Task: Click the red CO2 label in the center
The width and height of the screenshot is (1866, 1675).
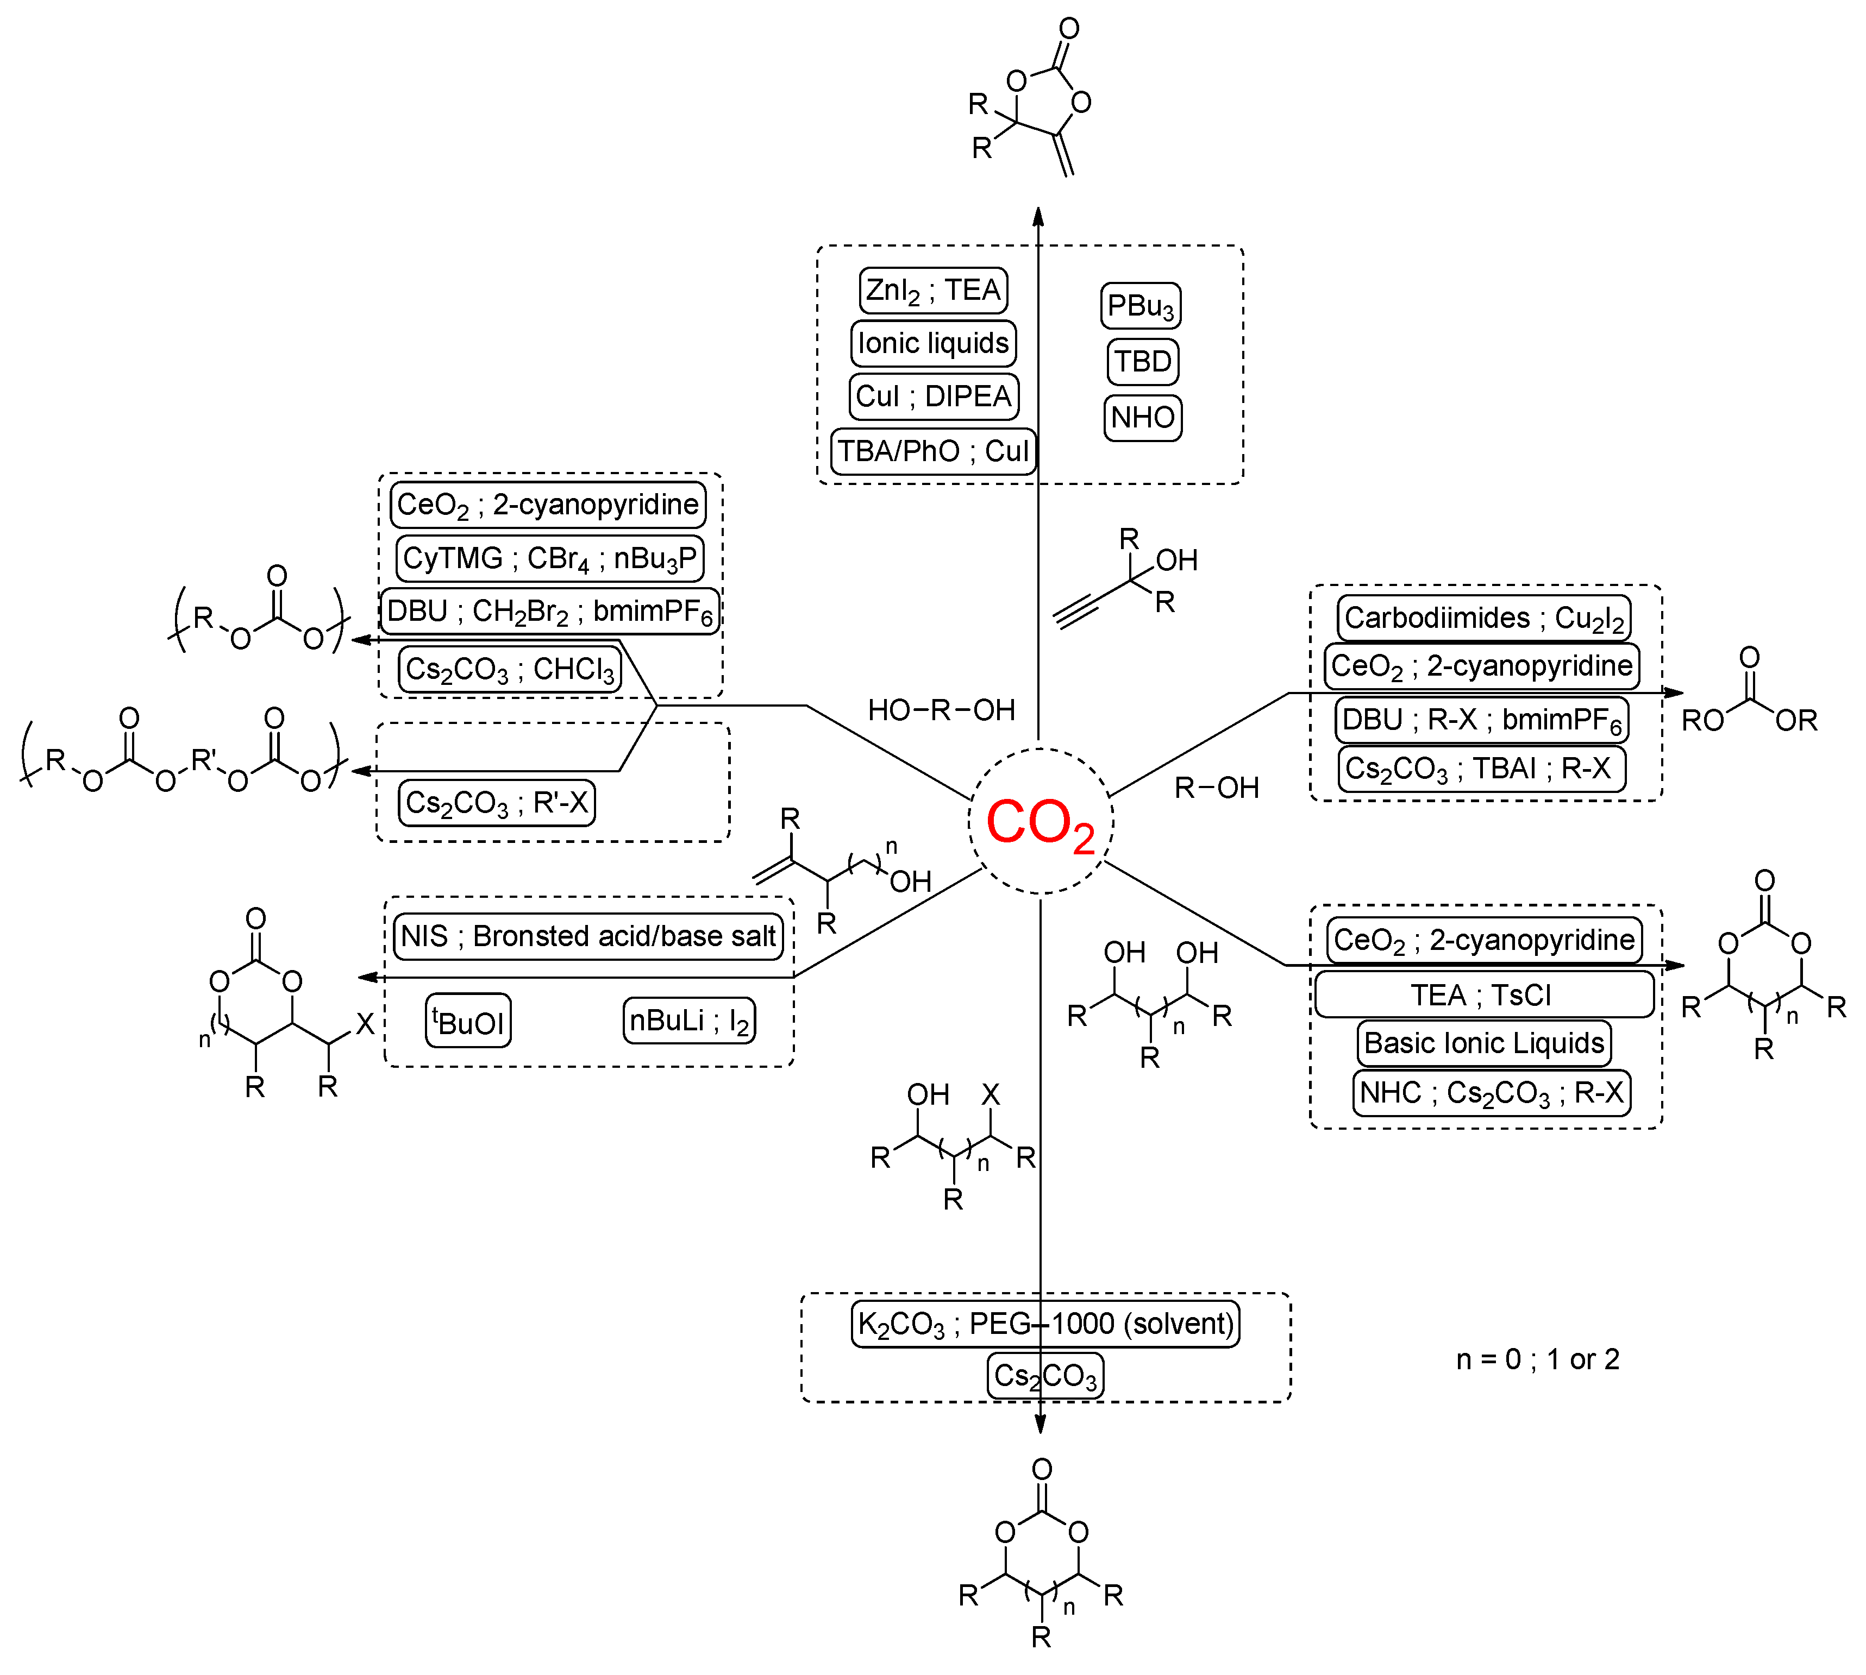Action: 1040,822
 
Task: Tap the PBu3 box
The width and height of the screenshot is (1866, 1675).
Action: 1141,306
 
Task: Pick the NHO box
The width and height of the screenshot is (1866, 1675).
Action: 1142,418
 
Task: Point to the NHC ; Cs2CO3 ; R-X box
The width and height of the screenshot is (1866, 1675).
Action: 1491,1093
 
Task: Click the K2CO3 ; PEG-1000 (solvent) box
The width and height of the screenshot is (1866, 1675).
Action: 1045,1324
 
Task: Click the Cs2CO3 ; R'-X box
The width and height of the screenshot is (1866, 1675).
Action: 496,803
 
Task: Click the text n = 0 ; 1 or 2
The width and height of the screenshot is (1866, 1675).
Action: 1537,1359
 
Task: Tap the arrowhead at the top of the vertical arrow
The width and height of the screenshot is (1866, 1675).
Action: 1038,217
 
